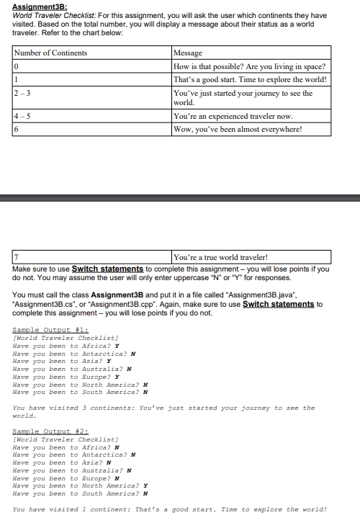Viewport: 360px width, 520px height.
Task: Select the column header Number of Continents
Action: (50, 53)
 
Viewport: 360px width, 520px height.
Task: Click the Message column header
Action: (189, 53)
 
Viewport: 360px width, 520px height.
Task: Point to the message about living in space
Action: (249, 66)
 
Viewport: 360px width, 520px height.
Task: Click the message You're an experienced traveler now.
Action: (232, 116)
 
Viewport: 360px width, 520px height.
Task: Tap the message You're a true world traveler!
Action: (220, 257)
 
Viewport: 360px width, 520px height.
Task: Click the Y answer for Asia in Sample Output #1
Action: (108, 361)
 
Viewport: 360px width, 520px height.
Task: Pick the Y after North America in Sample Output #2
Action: (146, 485)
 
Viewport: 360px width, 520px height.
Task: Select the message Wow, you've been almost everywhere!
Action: (237, 129)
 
